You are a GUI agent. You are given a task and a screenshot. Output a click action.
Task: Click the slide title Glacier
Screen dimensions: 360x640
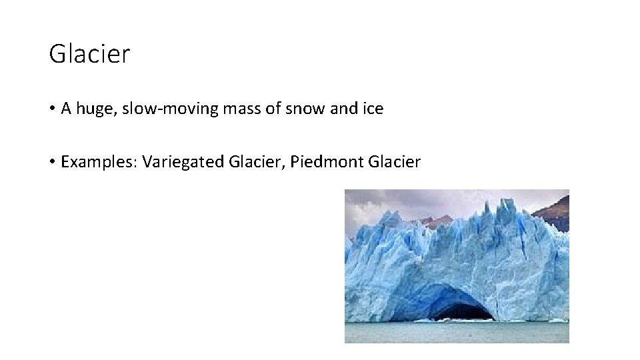coord(89,54)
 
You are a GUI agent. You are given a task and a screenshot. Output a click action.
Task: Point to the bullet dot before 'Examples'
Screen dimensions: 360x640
coord(53,162)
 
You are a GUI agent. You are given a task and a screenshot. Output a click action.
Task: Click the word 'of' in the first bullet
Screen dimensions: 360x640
coord(275,109)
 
